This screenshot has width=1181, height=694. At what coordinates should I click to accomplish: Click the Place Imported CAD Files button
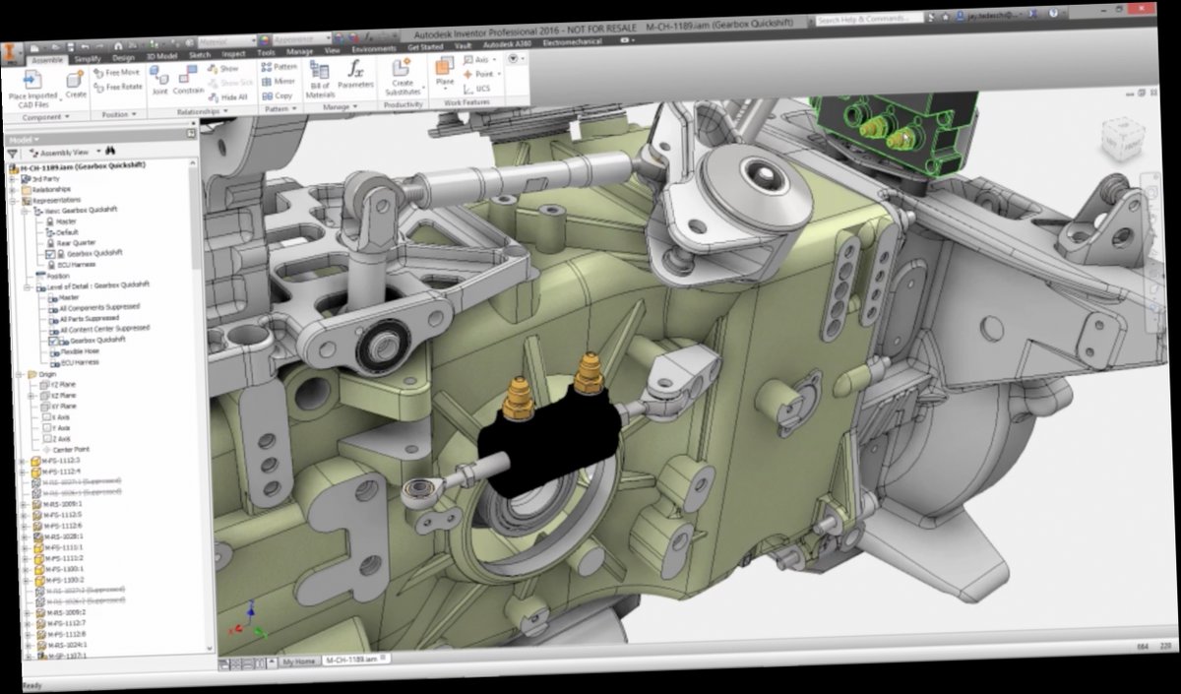pyautogui.click(x=31, y=87)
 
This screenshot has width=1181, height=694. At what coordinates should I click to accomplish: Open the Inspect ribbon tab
pyautogui.click(x=233, y=54)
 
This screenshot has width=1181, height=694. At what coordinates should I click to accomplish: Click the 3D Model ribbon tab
pyautogui.click(x=158, y=56)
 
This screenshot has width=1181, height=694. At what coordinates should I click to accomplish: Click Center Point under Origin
pyautogui.click(x=71, y=449)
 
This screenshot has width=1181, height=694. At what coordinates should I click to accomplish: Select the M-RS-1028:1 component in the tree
pyautogui.click(x=63, y=536)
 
